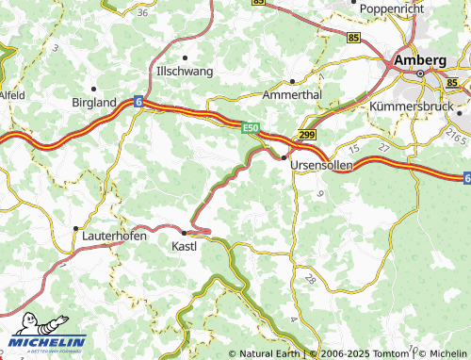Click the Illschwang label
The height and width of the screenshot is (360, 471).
coord(184,71)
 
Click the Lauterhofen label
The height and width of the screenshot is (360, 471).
coord(114,237)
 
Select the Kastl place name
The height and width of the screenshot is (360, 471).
coord(184,246)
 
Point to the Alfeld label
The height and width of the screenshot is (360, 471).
coord(10,95)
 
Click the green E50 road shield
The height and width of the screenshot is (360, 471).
coord(250,127)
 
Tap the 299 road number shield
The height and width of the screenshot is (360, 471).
coord(307,136)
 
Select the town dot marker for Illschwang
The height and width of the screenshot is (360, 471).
coord(184,57)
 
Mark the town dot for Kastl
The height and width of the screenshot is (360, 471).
coord(184,231)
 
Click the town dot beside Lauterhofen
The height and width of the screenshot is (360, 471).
coord(75,228)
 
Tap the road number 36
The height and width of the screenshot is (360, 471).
coord(142,12)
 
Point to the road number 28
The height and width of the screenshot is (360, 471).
coord(310,280)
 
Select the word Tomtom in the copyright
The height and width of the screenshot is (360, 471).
coord(391,353)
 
